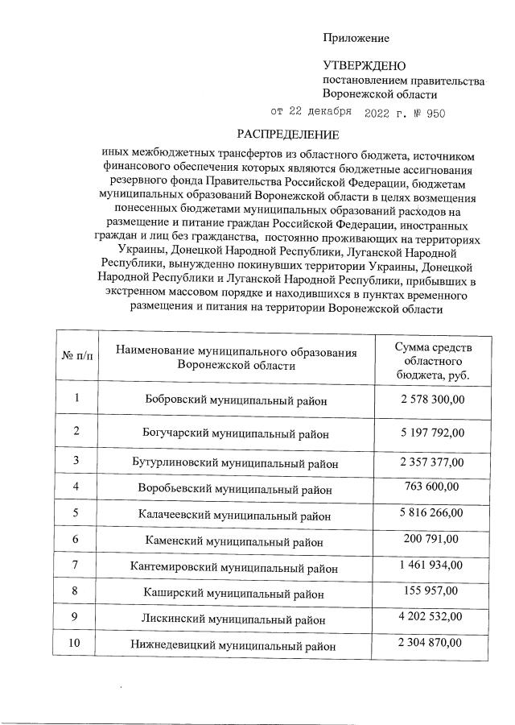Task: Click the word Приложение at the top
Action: coord(356,38)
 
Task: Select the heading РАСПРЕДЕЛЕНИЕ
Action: coord(287,134)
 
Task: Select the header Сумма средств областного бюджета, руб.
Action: coord(433,360)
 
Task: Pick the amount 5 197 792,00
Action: coord(432,433)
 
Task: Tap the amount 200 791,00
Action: coord(432,537)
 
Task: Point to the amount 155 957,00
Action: coord(432,590)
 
